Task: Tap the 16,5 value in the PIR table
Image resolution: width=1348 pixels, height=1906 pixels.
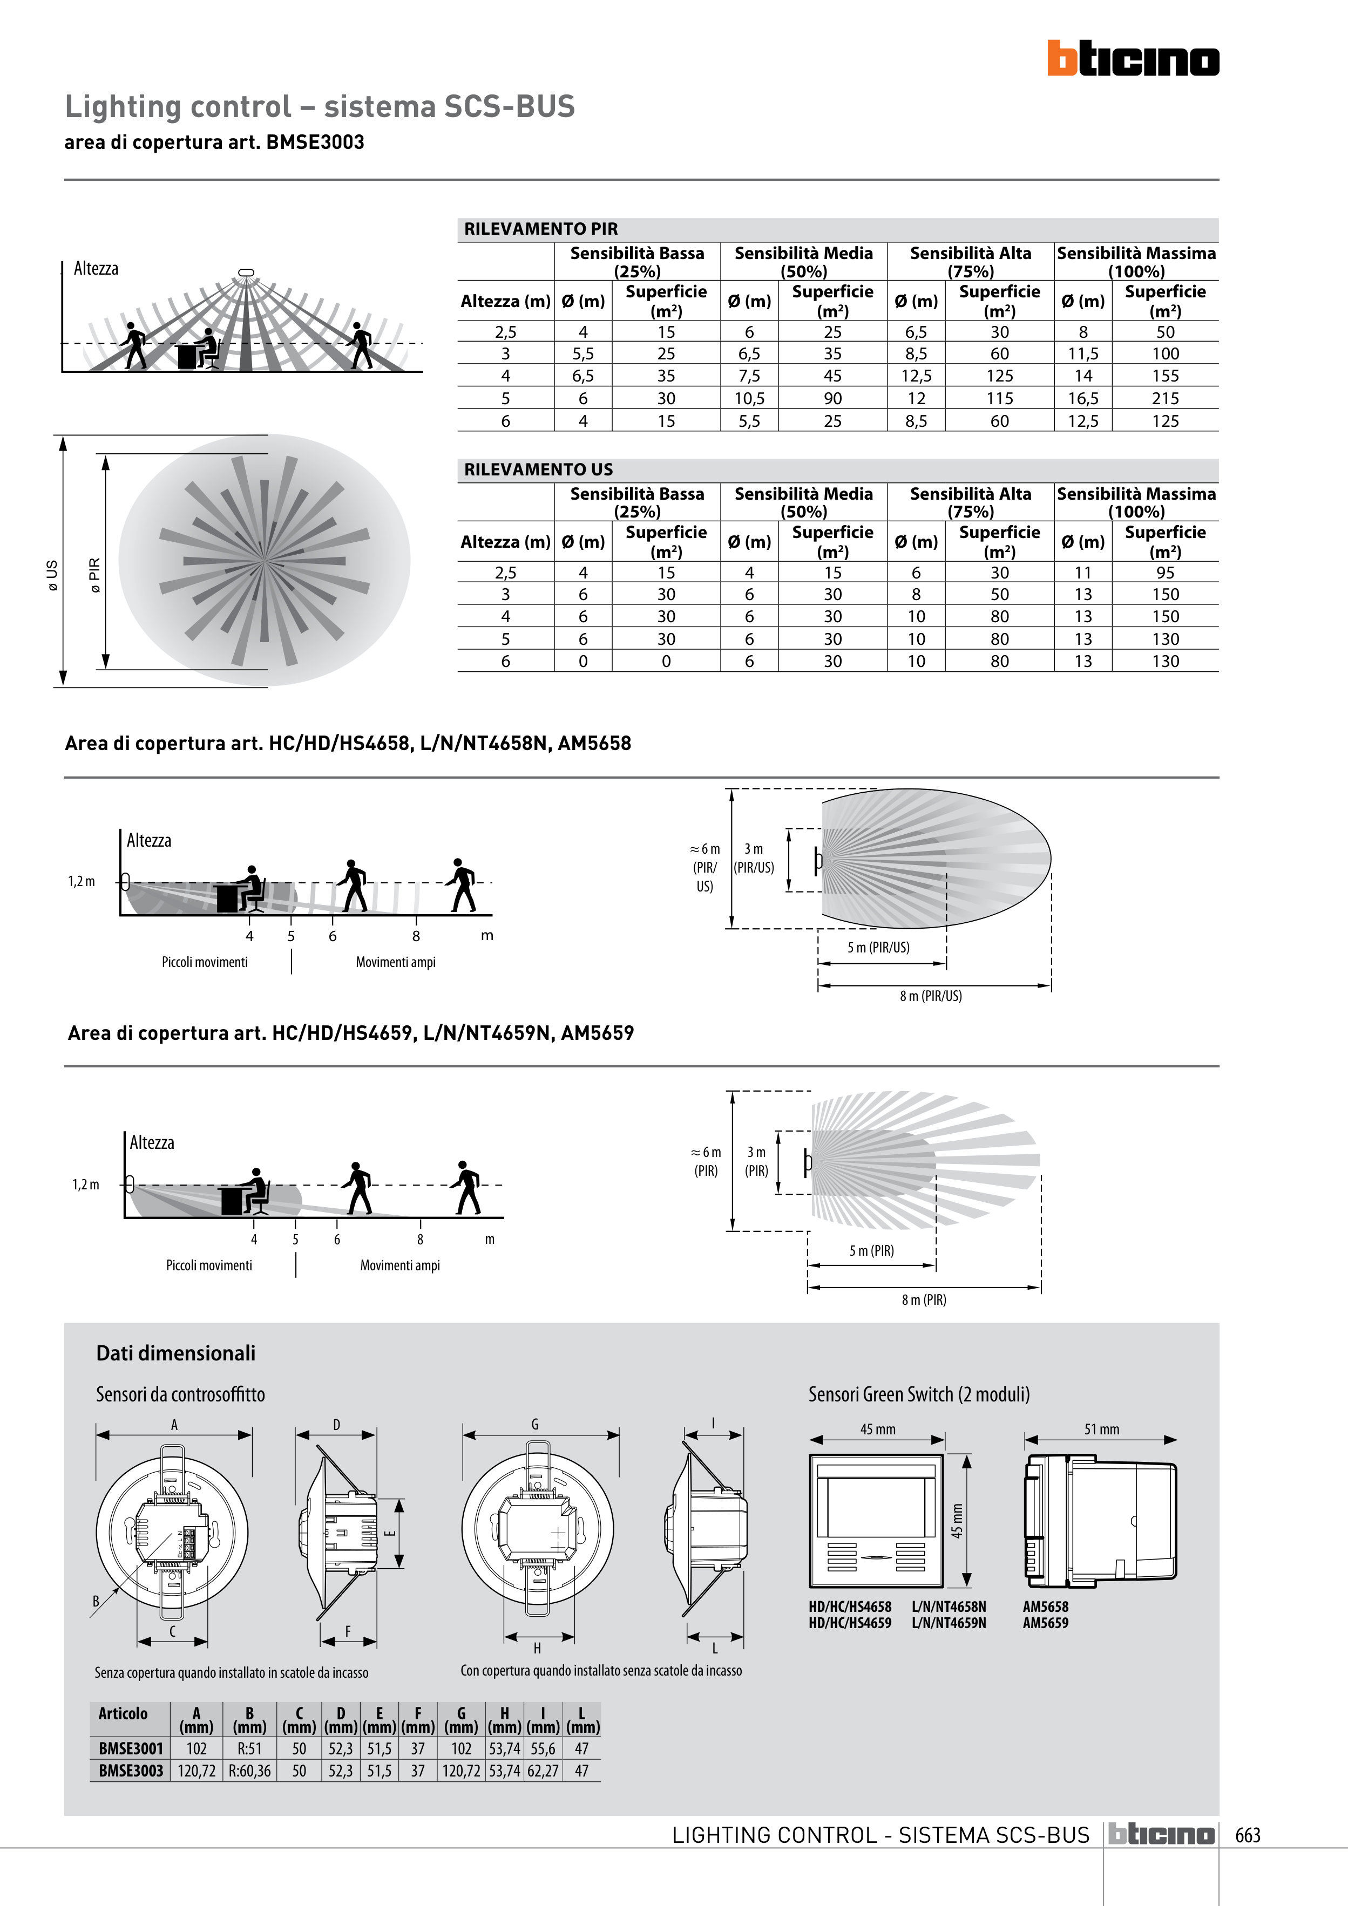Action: pos(1083,398)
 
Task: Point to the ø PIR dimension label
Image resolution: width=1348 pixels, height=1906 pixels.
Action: pos(94,575)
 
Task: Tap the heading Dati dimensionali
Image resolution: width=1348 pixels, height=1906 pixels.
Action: pos(175,1353)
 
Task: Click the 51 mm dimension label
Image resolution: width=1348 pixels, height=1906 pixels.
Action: pos(1101,1428)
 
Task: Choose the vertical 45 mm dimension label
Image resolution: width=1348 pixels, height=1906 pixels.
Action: pos(957,1520)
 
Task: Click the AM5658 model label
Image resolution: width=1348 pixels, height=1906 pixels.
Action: pos(1045,1607)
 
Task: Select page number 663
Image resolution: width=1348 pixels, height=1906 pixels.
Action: pos(1248,1835)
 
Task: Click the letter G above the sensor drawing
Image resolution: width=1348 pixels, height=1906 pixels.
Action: pos(535,1424)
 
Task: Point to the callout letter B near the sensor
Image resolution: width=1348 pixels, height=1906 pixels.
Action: pos(96,1601)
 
